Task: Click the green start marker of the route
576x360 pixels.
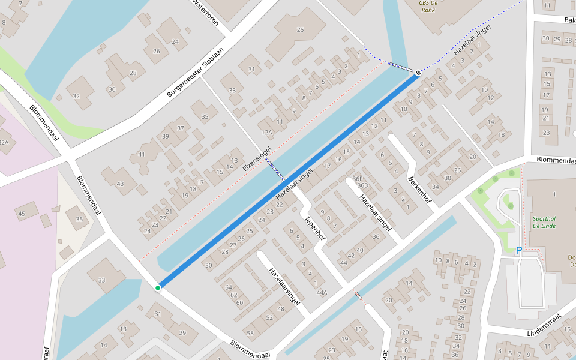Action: click(x=158, y=288)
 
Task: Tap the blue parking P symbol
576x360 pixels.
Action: click(x=519, y=250)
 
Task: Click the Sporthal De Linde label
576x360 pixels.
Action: click(x=544, y=222)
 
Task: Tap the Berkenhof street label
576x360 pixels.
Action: click(x=419, y=189)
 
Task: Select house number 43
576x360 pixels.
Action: click(x=120, y=184)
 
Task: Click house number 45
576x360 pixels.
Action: click(x=22, y=214)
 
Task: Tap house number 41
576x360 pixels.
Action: click(x=142, y=155)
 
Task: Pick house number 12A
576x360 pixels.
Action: click(x=267, y=131)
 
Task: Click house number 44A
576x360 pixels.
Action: click(x=322, y=293)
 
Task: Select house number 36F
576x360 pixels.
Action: click(x=358, y=178)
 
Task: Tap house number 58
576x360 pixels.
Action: click(x=250, y=333)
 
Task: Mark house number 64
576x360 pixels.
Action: click(x=229, y=287)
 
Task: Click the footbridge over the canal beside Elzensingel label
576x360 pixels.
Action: click(x=276, y=170)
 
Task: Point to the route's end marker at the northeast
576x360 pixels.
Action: click(x=418, y=73)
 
